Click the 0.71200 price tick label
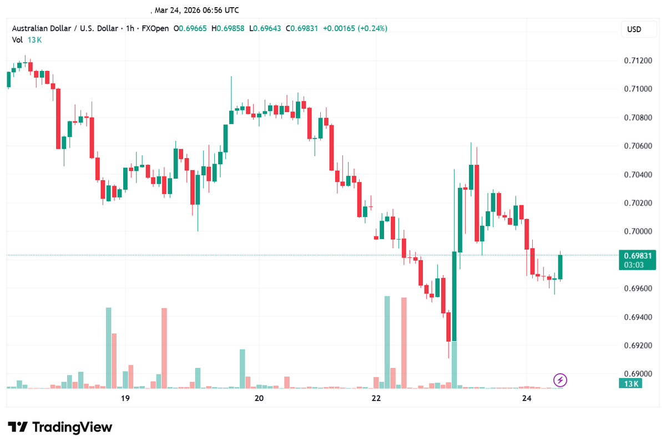pyautogui.click(x=635, y=60)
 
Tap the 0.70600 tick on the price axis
pyautogui.click(x=635, y=146)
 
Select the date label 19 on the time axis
pyautogui.click(x=125, y=398)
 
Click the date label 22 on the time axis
pyautogui.click(x=376, y=398)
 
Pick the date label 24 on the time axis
pyautogui.click(x=527, y=398)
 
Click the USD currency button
pyautogui.click(x=634, y=29)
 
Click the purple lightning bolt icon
pyautogui.click(x=561, y=380)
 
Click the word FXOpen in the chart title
pyautogui.click(x=153, y=28)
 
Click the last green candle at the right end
pyautogui.click(x=561, y=267)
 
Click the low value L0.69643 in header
pyautogui.click(x=264, y=28)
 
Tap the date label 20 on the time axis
pyautogui.click(x=259, y=398)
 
